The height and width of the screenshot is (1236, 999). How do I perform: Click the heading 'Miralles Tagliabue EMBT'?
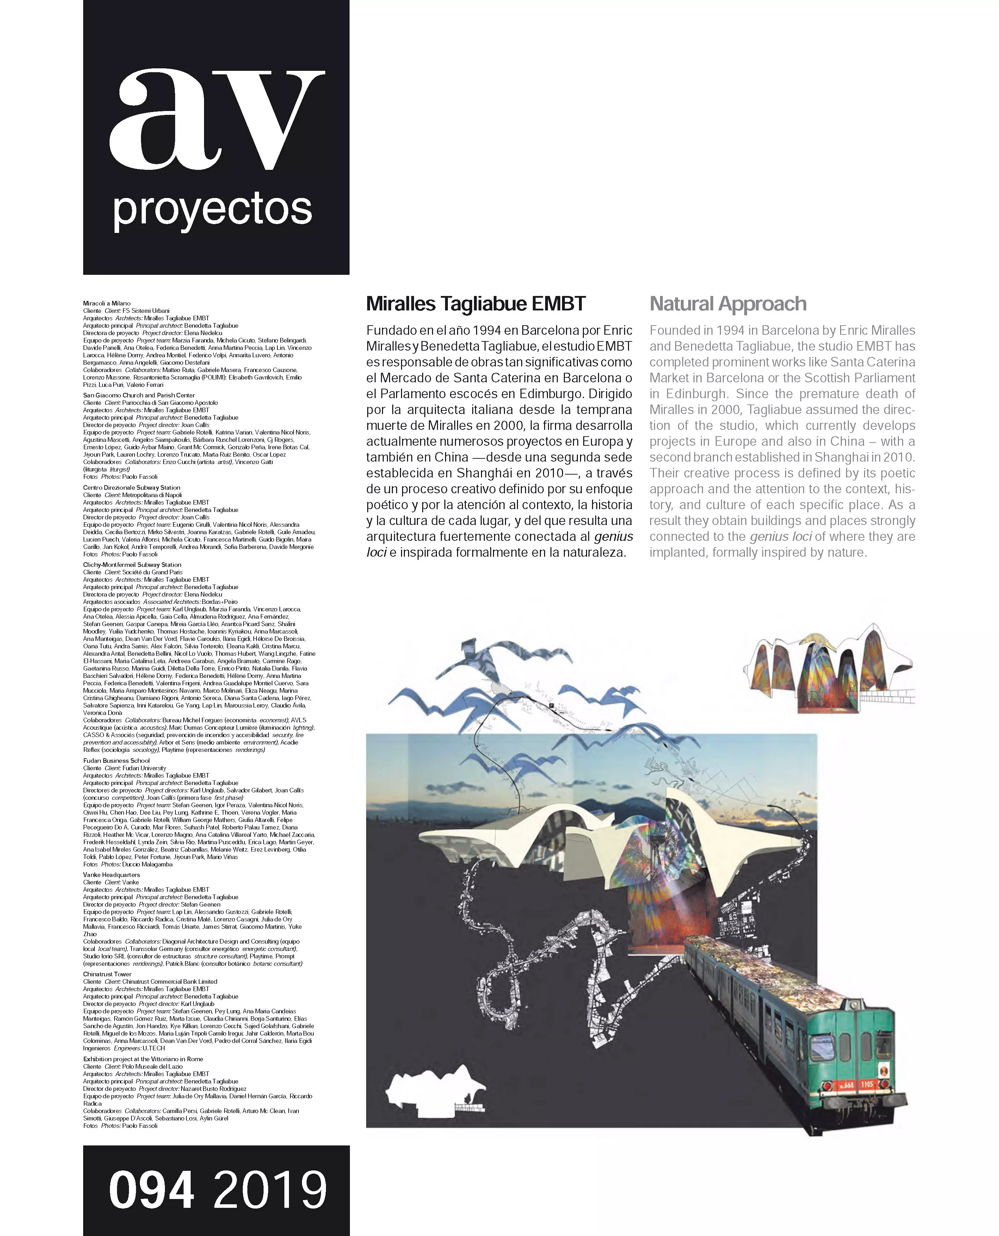coord(476,304)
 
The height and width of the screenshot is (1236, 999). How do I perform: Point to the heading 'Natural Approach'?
coord(728,304)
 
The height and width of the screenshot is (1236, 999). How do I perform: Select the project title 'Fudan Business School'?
coord(116,760)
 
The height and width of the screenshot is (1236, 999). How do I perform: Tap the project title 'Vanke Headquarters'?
coord(112,875)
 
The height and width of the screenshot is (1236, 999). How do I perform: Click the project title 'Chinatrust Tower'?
coord(107,974)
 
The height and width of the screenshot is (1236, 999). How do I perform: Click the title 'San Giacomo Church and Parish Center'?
coord(139,395)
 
